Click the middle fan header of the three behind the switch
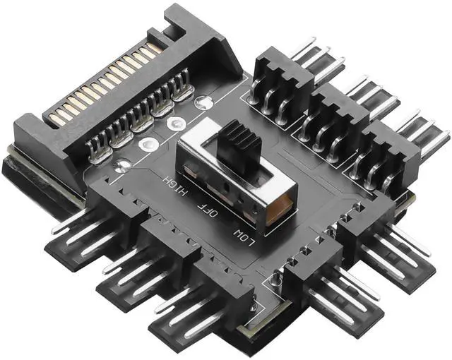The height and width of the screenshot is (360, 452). [332, 116]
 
